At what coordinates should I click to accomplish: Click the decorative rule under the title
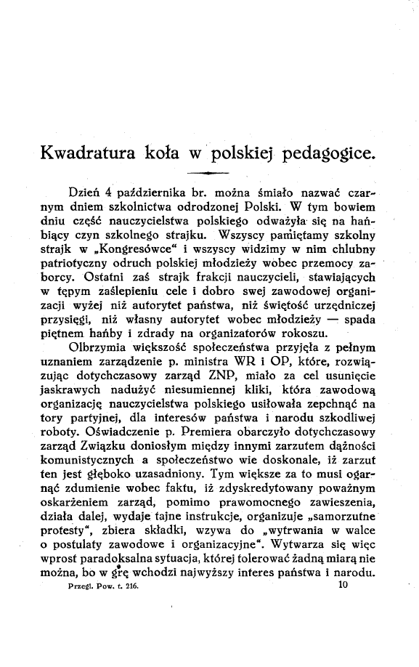(209, 172)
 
